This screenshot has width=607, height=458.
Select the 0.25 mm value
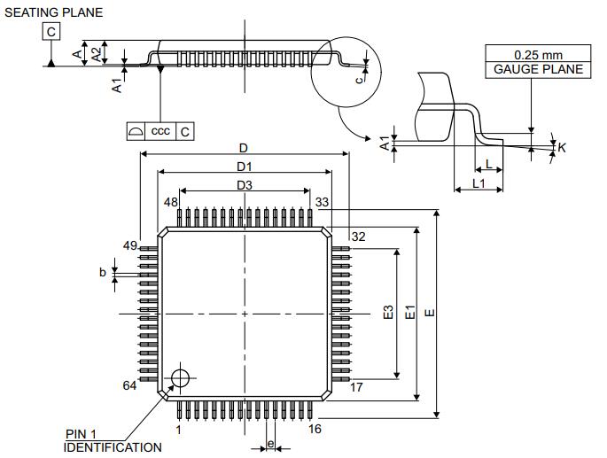pyautogui.click(x=538, y=55)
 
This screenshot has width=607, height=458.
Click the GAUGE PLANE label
pyautogui.click(x=538, y=69)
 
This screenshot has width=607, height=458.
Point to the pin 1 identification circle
pyautogui.click(x=182, y=377)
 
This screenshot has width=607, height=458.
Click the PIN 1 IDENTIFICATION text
pyautogui.click(x=113, y=441)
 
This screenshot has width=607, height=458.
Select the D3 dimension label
pyautogui.click(x=245, y=185)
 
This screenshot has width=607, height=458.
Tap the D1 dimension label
pyautogui.click(x=245, y=167)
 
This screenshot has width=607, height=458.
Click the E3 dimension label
pyautogui.click(x=387, y=314)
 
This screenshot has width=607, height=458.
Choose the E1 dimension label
pyautogui.click(x=409, y=314)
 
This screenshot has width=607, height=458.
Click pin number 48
pyautogui.click(x=171, y=202)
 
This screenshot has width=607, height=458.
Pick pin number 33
pyautogui.click(x=322, y=202)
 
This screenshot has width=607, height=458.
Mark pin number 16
pyautogui.click(x=315, y=430)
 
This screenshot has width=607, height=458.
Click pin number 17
pyautogui.click(x=357, y=387)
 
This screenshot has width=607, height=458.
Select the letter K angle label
pyautogui.click(x=562, y=148)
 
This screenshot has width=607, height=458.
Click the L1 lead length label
pyautogui.click(x=479, y=182)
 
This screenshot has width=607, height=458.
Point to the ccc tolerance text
pyautogui.click(x=160, y=131)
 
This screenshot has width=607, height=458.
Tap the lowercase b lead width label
pyautogui.click(x=103, y=273)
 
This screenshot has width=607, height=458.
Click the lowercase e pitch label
pyautogui.click(x=270, y=444)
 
